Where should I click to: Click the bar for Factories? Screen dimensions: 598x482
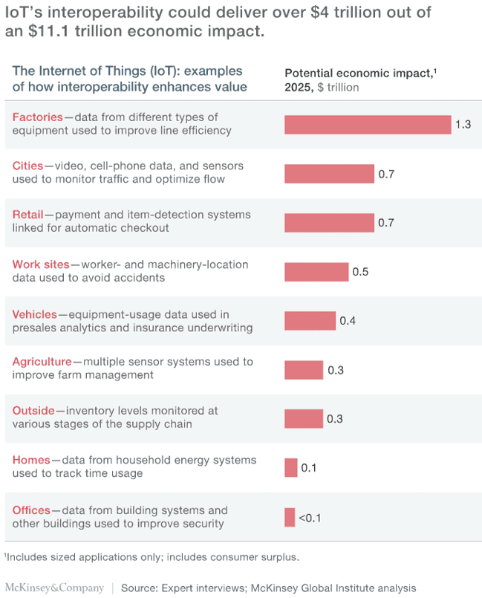[x=368, y=124]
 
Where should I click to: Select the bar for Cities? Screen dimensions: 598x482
[x=329, y=174]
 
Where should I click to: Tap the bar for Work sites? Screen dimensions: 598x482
[x=316, y=272]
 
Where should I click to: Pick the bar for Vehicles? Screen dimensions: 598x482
[x=310, y=321]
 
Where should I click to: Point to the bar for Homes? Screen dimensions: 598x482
[x=290, y=468]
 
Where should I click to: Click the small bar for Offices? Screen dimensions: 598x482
[x=289, y=517]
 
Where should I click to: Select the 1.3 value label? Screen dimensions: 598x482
[x=463, y=124]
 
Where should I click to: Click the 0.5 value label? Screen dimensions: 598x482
[x=360, y=272]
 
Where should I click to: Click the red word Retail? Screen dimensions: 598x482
[x=27, y=215]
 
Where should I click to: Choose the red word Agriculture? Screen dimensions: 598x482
[x=42, y=362]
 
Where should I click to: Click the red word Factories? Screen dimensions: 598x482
[x=37, y=117]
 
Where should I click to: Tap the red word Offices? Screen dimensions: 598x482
[x=31, y=510]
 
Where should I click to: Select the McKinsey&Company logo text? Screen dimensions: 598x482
[x=55, y=588]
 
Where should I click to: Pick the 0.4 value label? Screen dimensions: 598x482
[x=348, y=321]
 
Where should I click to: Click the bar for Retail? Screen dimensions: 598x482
[x=329, y=223]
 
